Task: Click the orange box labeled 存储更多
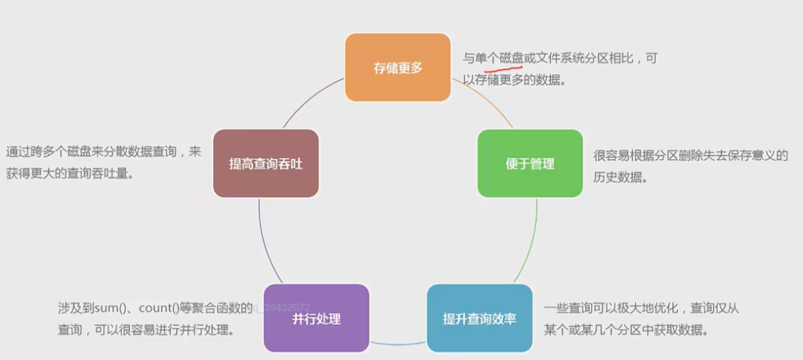point(398,68)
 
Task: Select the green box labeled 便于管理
point(530,164)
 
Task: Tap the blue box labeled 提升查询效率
point(480,319)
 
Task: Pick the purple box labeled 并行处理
point(316,319)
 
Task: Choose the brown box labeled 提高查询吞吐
point(265,164)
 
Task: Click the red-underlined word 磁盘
point(506,58)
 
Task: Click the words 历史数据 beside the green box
point(617,179)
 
